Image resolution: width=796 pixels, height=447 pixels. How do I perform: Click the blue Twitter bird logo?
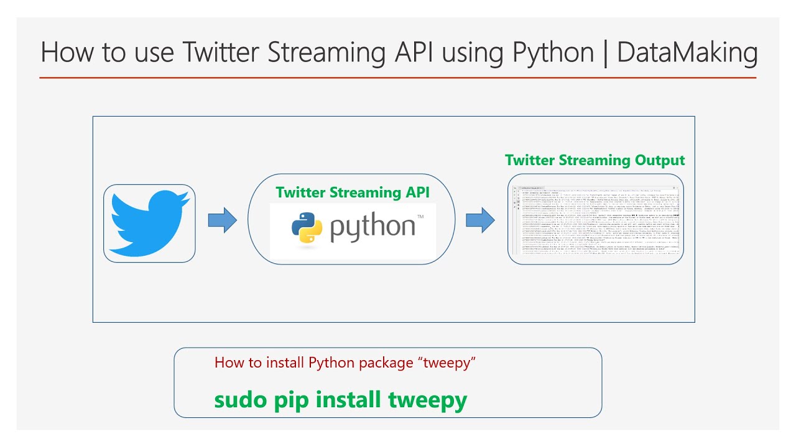point(149,223)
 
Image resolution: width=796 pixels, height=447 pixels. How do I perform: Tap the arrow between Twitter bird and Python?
point(222,220)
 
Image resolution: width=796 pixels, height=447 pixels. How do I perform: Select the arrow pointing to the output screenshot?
point(479,219)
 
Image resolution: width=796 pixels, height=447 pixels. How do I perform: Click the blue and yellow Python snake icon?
point(307,227)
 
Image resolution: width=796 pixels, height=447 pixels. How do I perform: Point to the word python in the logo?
point(373,228)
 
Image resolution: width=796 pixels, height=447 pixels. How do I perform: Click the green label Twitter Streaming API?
point(353,192)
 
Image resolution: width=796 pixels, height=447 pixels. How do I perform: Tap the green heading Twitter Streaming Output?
point(595,160)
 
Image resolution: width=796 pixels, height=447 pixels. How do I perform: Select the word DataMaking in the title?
point(687,53)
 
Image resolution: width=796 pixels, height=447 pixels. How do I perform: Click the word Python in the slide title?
point(553,53)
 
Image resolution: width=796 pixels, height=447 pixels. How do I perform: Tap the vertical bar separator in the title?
point(605,53)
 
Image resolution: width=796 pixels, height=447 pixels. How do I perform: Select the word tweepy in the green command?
point(427,400)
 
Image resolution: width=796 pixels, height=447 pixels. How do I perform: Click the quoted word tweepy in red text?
point(446,363)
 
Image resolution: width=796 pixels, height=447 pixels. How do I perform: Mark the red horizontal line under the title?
point(398,78)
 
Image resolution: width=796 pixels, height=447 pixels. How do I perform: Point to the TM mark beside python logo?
point(420,217)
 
